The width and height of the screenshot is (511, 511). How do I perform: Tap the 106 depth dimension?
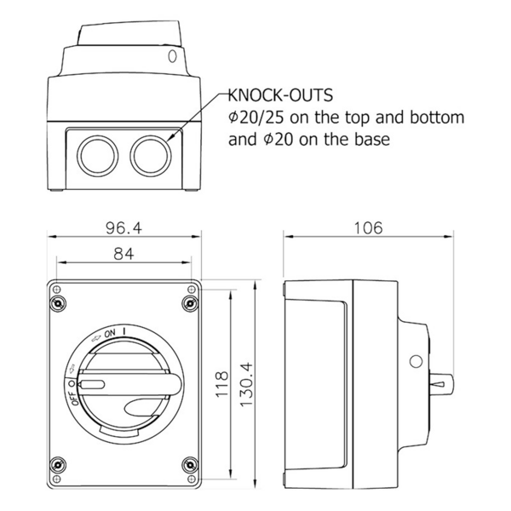coord(368,228)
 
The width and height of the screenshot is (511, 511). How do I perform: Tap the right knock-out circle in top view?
coord(149,155)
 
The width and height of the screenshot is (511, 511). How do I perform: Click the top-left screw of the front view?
coord(58,304)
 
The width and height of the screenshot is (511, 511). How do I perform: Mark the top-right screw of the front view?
coord(189,304)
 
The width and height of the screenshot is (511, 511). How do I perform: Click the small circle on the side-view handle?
coord(416,361)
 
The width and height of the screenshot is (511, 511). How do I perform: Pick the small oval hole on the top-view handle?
coord(174,56)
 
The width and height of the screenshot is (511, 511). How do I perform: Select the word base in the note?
coord(373,139)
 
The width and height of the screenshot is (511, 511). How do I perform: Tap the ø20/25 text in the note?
coord(258,118)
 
